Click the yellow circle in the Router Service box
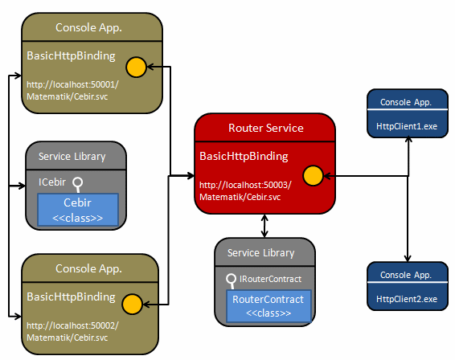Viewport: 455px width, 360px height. coord(313,175)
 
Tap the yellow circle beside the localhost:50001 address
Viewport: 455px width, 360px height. coord(136,67)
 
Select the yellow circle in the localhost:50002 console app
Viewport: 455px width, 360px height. coord(132,304)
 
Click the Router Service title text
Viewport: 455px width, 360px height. coord(266,128)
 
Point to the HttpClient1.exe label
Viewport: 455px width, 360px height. coord(407,126)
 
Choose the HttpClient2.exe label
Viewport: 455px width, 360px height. coord(407,299)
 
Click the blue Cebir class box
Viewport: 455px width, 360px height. coord(78,210)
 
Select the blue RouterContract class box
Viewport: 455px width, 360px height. coord(268,305)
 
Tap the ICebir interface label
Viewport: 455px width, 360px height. coord(52,182)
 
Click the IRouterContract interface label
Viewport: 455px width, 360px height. coord(270,279)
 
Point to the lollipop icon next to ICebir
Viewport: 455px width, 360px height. coord(78,185)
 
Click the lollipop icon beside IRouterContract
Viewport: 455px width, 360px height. coord(232,281)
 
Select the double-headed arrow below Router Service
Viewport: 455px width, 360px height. coord(264,226)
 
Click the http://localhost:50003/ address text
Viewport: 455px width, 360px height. coord(245,185)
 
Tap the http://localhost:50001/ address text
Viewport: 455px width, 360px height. coord(72,84)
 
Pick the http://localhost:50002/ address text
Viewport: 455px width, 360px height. coord(72,325)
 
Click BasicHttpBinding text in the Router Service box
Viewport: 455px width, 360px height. coord(244,156)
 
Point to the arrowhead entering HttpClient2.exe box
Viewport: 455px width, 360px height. coord(408,259)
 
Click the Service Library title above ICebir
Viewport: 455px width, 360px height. coord(72,157)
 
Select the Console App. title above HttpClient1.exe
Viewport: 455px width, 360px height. coord(406,102)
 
